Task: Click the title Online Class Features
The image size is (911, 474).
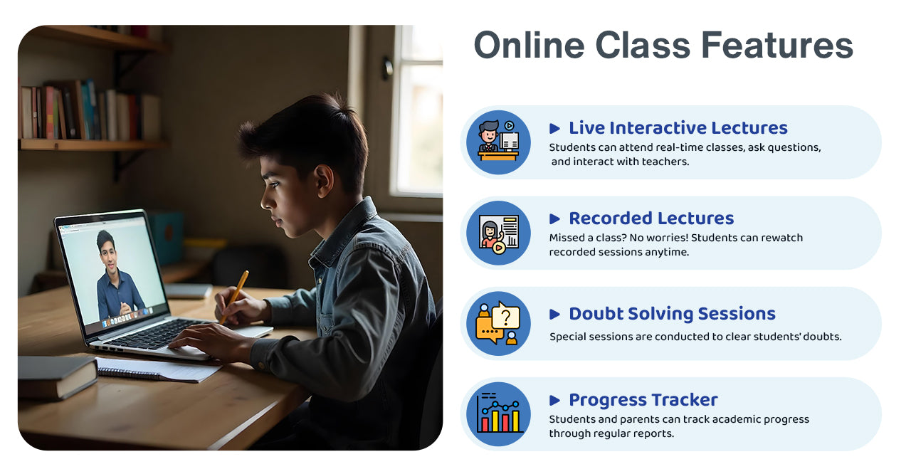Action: [x=663, y=46]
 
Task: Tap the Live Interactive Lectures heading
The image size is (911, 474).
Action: [x=678, y=128]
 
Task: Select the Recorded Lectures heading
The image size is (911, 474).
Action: [x=651, y=218]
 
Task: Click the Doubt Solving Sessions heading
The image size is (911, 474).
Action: [x=671, y=314]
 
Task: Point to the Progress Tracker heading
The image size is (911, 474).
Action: [x=643, y=400]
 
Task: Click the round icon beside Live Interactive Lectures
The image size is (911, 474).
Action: [x=498, y=142]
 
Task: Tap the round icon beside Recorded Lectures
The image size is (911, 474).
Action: [x=498, y=233]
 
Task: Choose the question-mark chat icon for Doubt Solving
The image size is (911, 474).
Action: [x=498, y=323]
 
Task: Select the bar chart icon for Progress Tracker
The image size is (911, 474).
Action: [x=498, y=414]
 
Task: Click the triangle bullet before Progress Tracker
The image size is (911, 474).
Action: [x=555, y=400]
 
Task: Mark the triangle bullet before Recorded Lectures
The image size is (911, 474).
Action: [x=555, y=218]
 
